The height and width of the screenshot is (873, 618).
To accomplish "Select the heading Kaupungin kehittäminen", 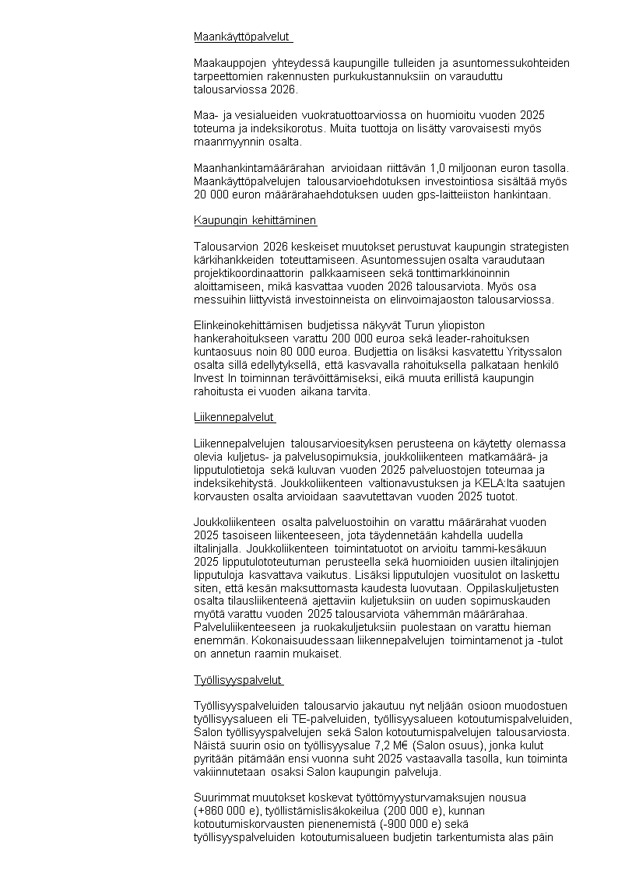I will pos(255,220).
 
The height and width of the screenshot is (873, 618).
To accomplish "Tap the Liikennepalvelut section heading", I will pos(234,417).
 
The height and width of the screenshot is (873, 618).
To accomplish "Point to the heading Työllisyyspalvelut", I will pos(237,680).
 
